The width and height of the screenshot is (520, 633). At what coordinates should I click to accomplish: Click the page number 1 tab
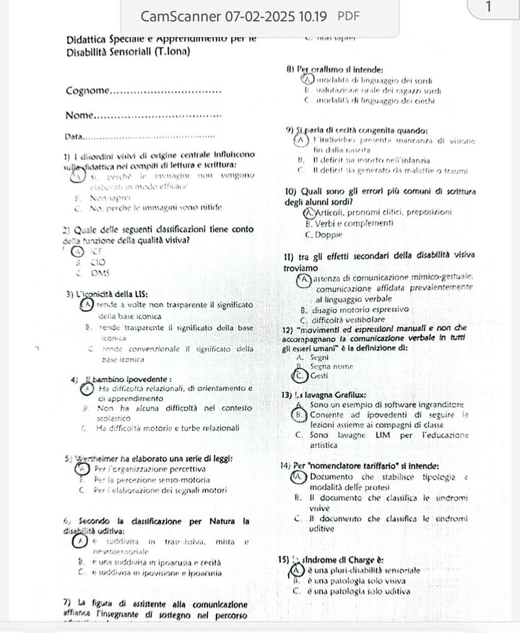pos(489,7)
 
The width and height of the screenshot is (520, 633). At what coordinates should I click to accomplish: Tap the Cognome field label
pos(87,91)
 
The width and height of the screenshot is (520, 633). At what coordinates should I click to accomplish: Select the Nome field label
pos(79,116)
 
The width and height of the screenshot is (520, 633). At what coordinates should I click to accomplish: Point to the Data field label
pos(74,137)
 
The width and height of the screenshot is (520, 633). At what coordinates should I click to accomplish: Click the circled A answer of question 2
pos(77,251)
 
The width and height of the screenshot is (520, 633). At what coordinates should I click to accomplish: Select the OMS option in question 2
pos(99,272)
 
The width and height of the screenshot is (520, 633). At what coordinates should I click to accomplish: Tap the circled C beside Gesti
pos(297,376)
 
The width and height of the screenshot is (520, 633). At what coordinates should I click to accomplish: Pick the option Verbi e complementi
pos(350,223)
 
